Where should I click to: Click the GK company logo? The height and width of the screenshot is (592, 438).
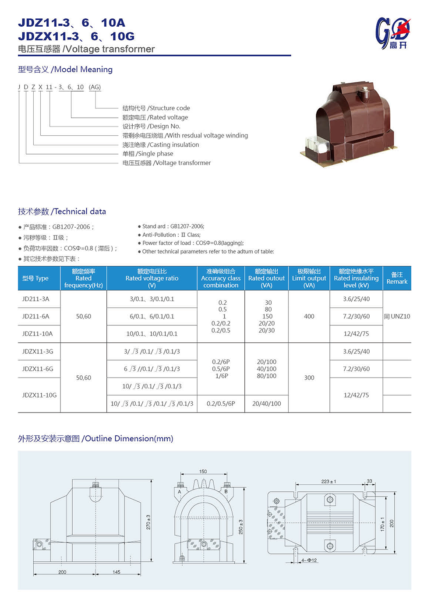(392, 33)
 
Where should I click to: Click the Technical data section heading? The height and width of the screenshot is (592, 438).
(62, 211)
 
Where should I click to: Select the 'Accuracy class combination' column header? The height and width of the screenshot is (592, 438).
(221, 278)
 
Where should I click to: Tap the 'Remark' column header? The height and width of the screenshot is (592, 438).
(397, 278)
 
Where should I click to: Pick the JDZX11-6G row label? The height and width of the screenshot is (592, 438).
(38, 369)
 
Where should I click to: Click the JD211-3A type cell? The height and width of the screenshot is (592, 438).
(36, 299)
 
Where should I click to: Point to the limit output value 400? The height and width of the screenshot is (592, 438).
(309, 316)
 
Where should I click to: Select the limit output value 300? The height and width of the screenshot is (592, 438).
(309, 377)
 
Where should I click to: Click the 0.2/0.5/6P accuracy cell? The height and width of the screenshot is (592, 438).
(221, 404)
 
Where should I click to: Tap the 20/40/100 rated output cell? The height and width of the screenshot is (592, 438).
(266, 404)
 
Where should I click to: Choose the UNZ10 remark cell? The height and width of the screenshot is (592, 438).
(397, 316)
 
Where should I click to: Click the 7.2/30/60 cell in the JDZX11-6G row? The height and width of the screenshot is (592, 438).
(356, 369)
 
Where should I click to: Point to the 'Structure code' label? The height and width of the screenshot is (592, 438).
(156, 108)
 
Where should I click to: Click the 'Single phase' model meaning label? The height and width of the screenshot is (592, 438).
(148, 154)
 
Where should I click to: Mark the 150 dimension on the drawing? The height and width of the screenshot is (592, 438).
(203, 472)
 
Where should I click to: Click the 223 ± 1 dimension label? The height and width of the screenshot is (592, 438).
(328, 482)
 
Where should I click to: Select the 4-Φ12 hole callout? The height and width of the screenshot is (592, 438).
(309, 560)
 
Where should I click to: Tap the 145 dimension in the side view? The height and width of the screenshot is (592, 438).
(117, 572)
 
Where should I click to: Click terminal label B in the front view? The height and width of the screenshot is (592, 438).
(226, 492)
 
